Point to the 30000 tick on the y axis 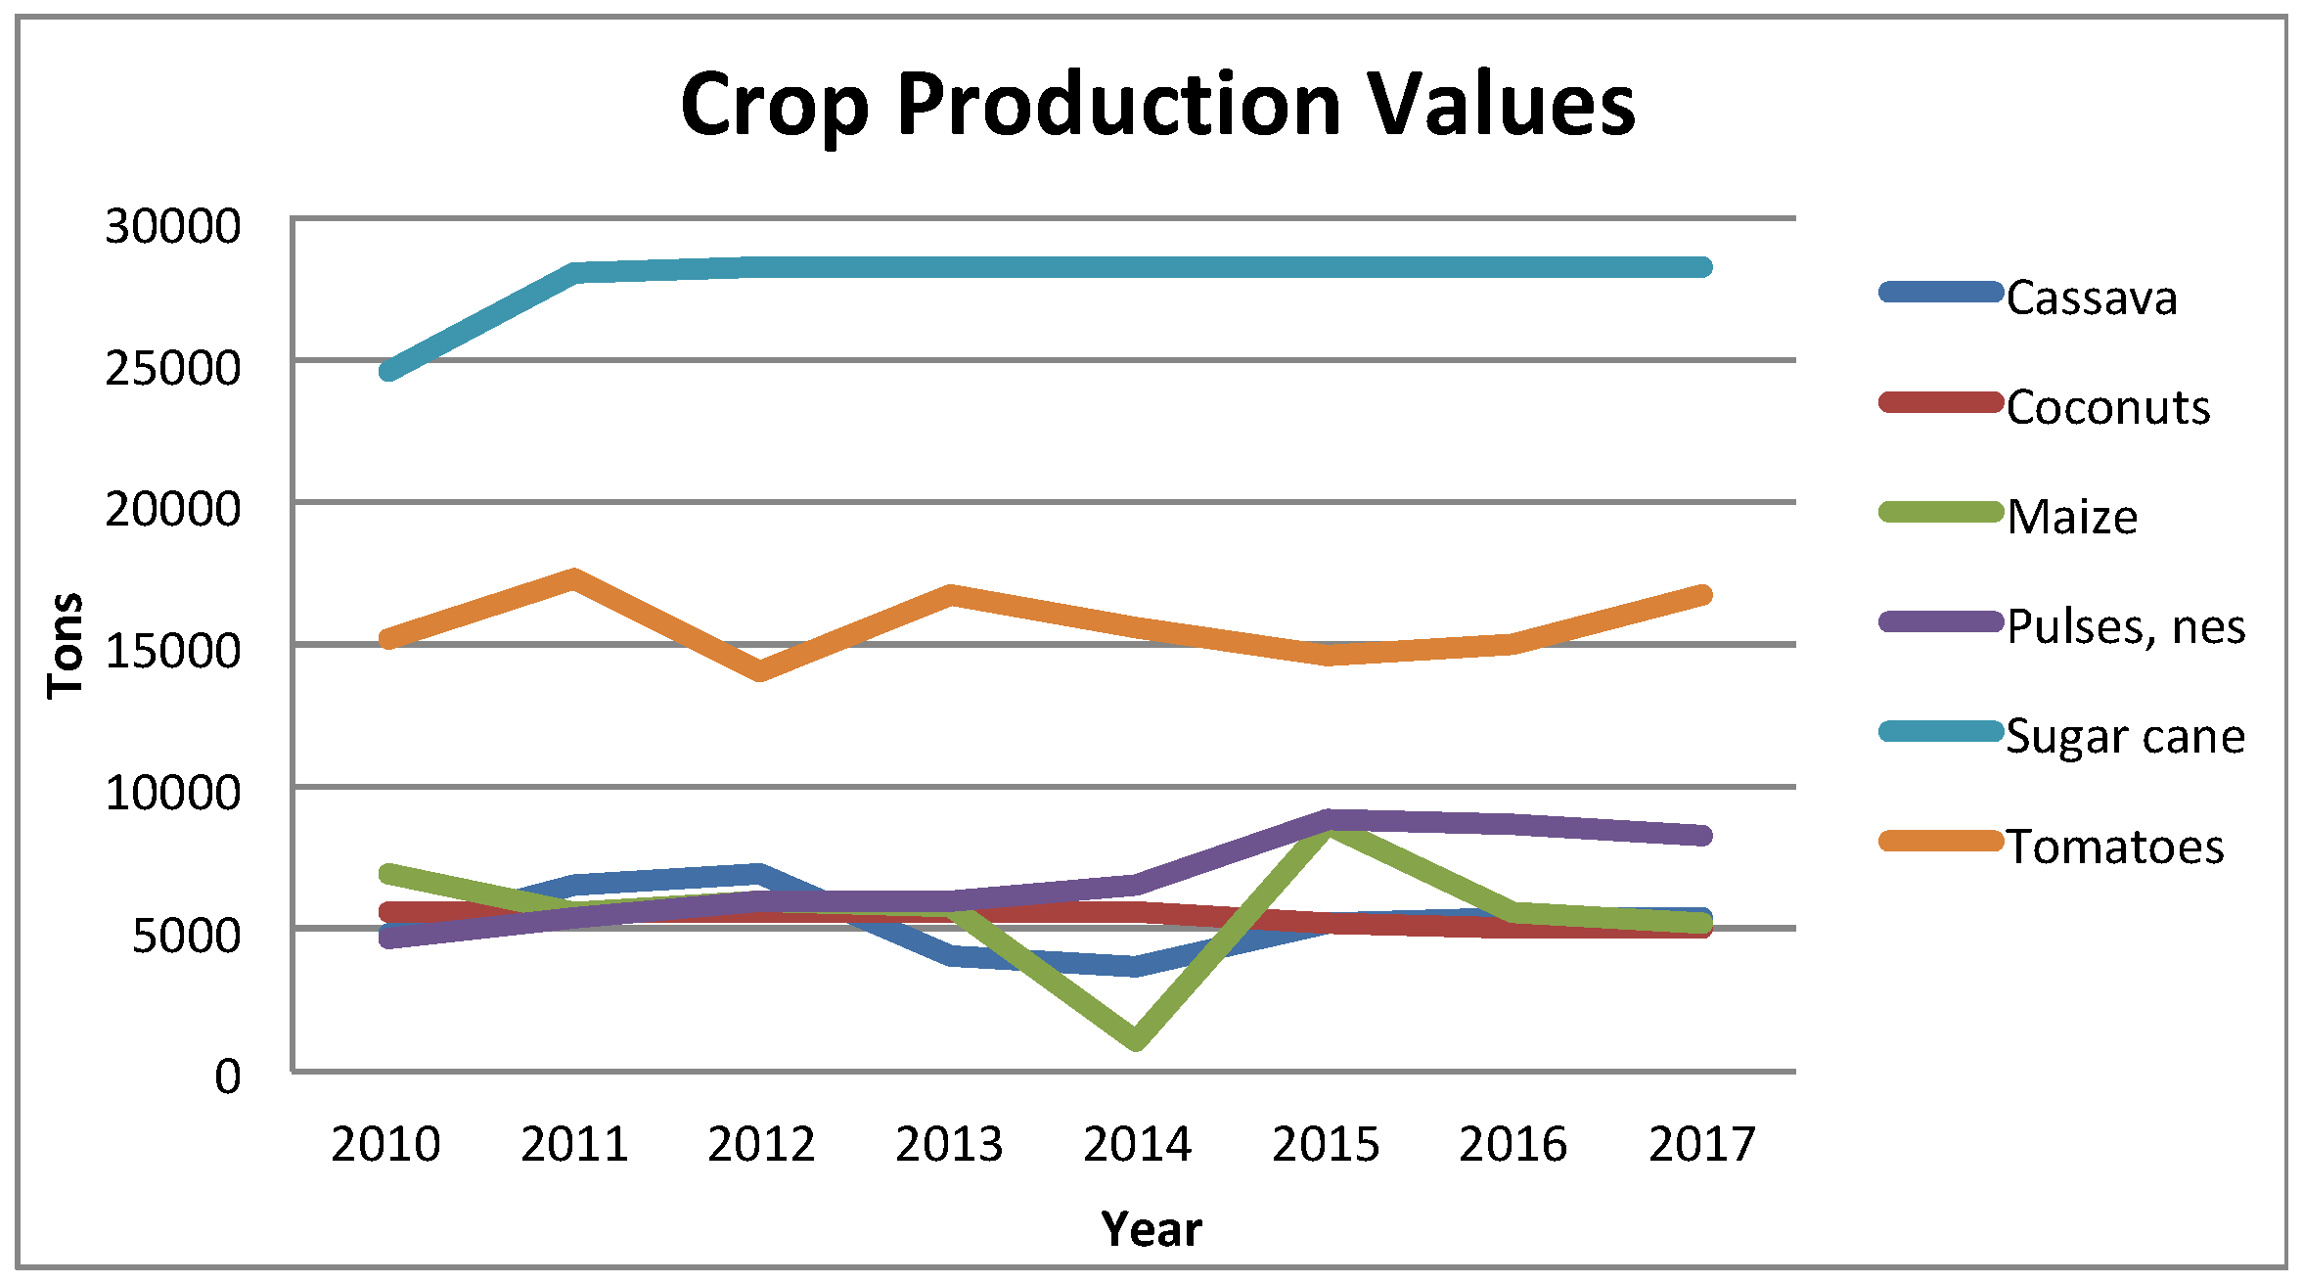pyautogui.click(x=172, y=226)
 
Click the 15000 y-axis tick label pyautogui.click(x=172, y=651)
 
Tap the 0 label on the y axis pyautogui.click(x=227, y=1077)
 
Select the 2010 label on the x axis pyautogui.click(x=385, y=1143)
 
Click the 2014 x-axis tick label pyautogui.click(x=1137, y=1143)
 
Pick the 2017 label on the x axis pyautogui.click(x=1701, y=1143)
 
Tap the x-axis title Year pyautogui.click(x=1151, y=1228)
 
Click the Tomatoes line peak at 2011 pyautogui.click(x=574, y=577)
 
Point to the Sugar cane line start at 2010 pyautogui.click(x=388, y=371)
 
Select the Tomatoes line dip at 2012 pyautogui.click(x=761, y=671)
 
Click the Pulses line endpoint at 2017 pyautogui.click(x=1701, y=835)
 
